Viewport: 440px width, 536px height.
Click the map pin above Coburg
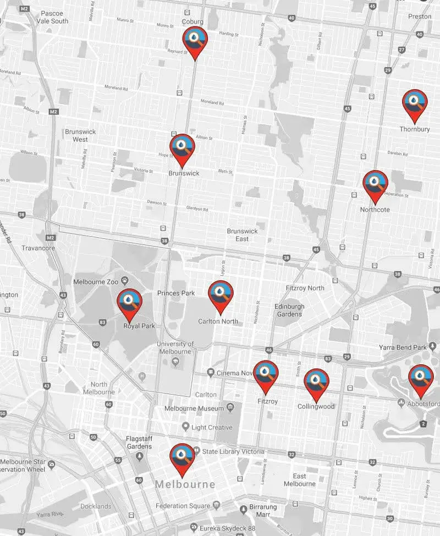click(x=195, y=40)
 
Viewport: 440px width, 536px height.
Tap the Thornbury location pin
click(x=414, y=103)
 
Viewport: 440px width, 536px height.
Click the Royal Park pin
click(x=130, y=302)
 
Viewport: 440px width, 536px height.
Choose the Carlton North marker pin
click(x=221, y=294)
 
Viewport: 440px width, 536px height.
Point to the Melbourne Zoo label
click(x=96, y=282)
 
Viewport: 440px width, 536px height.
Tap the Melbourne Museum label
click(x=195, y=409)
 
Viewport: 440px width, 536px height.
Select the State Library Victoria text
click(x=233, y=452)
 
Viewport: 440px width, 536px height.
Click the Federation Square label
click(x=183, y=506)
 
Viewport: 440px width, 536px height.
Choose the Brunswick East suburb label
click(x=241, y=235)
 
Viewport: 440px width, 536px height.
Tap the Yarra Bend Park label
click(x=403, y=347)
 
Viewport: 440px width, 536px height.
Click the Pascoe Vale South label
click(x=53, y=17)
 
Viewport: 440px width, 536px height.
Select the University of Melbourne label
click(x=175, y=348)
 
